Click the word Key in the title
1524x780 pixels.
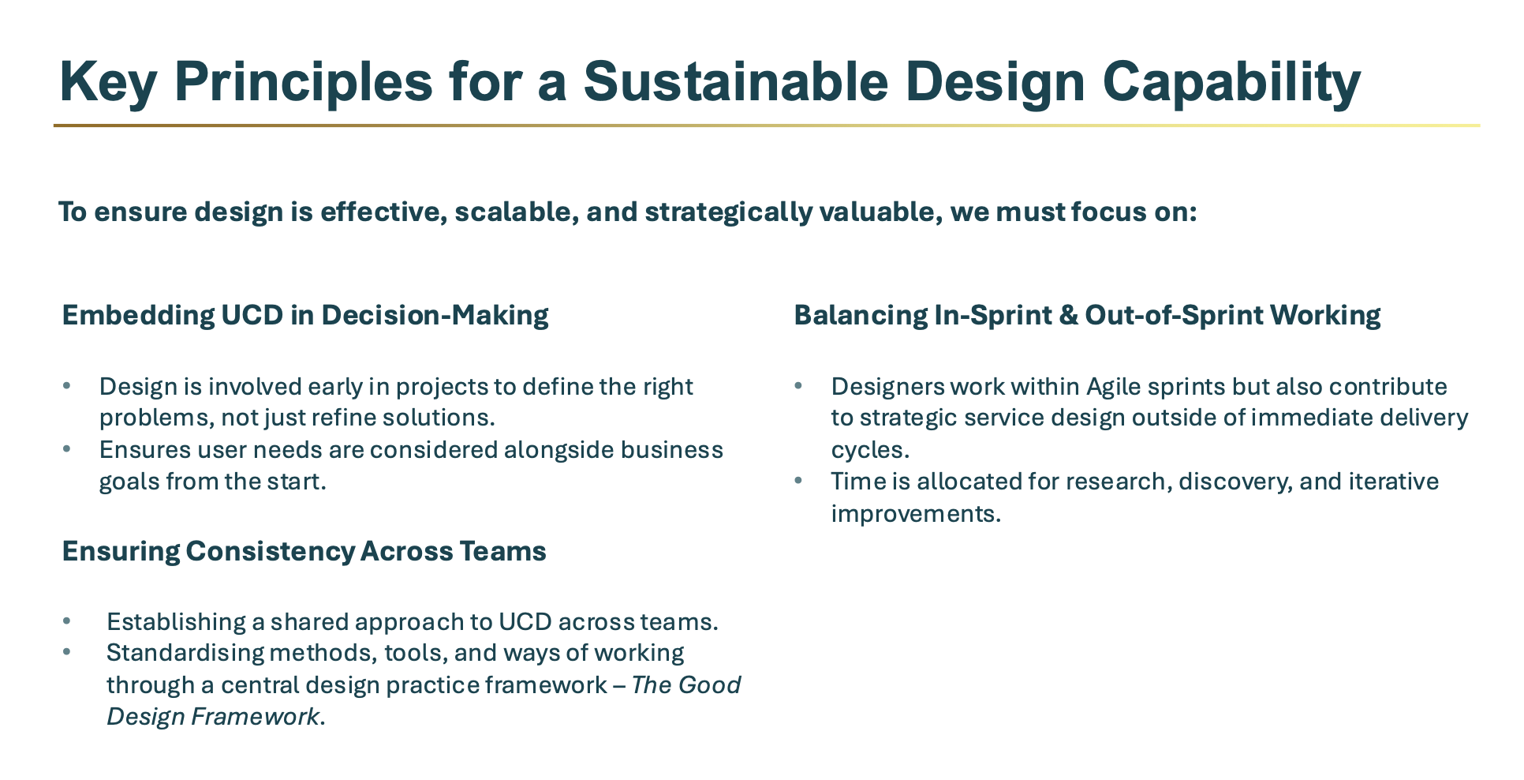click(x=108, y=82)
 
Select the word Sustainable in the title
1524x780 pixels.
click(x=736, y=81)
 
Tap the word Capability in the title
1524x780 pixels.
click(x=1231, y=82)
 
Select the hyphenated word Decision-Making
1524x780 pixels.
click(x=435, y=315)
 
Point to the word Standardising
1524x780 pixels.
click(x=185, y=653)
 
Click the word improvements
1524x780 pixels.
click(x=916, y=514)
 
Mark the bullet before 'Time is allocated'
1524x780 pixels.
click(x=799, y=480)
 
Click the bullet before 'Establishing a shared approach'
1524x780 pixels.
click(x=67, y=621)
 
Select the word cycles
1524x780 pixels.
click(x=870, y=450)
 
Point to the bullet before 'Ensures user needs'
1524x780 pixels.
click(x=67, y=448)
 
